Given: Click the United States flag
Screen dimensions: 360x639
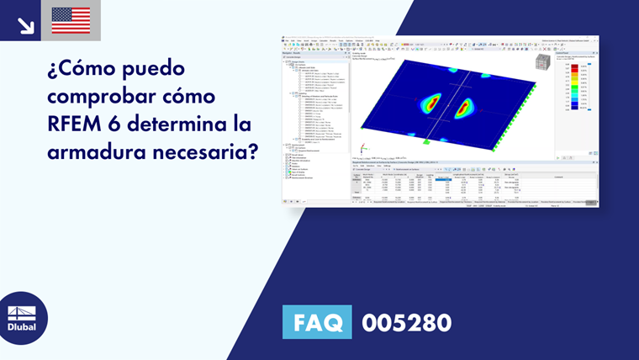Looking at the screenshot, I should (x=71, y=20).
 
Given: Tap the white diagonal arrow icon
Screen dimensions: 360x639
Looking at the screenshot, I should (x=25, y=24).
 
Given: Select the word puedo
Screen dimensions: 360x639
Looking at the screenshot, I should (x=158, y=67).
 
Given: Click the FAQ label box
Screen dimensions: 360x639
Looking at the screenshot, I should (x=317, y=322).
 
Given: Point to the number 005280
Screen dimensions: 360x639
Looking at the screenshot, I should (x=406, y=322).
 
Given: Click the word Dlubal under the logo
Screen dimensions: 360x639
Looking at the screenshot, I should (x=23, y=328).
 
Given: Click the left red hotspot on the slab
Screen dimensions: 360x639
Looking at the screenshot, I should (x=429, y=103).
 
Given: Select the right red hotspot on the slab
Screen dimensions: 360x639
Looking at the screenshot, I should (x=465, y=107).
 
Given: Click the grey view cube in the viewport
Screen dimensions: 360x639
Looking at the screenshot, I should (x=542, y=63).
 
